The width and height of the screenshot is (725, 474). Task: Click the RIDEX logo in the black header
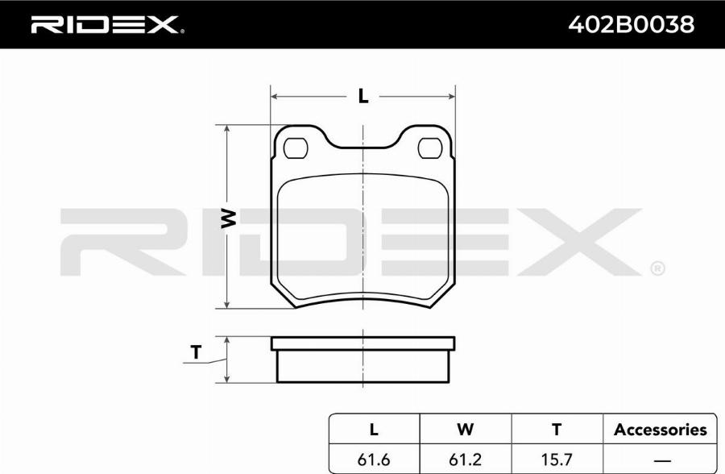pos(107,24)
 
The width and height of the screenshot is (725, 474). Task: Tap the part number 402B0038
pos(631,24)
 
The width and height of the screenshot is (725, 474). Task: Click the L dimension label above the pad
pos(363,96)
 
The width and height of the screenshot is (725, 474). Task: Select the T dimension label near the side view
pos(197,352)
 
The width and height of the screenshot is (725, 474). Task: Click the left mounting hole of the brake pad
pos(296,148)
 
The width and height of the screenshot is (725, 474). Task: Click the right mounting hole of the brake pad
pos(430,148)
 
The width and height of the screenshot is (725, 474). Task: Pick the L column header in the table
pos(374,429)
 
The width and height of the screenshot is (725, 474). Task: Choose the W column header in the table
pos(465,429)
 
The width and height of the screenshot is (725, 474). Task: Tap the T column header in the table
pos(557,429)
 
